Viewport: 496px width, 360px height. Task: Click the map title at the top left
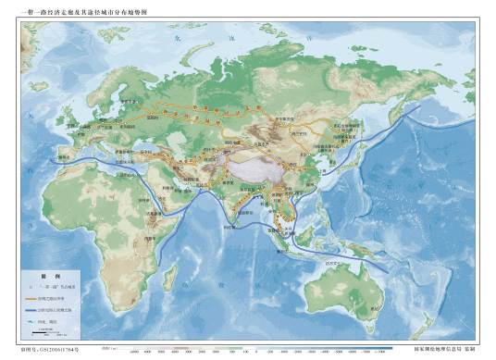click(81, 9)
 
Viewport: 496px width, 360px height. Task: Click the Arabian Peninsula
click(162, 190)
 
